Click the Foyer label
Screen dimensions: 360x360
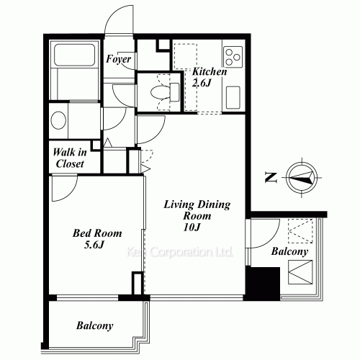[x=118, y=59]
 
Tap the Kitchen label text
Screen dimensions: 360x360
[x=209, y=72]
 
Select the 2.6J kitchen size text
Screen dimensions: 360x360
[x=202, y=83]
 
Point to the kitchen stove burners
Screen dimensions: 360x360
[x=233, y=56]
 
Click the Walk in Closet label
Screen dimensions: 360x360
[x=69, y=158]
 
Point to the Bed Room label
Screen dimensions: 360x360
[x=97, y=233]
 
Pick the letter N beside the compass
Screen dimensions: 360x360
[x=269, y=177]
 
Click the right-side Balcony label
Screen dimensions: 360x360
[x=290, y=252]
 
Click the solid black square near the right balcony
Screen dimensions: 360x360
[x=261, y=283]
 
